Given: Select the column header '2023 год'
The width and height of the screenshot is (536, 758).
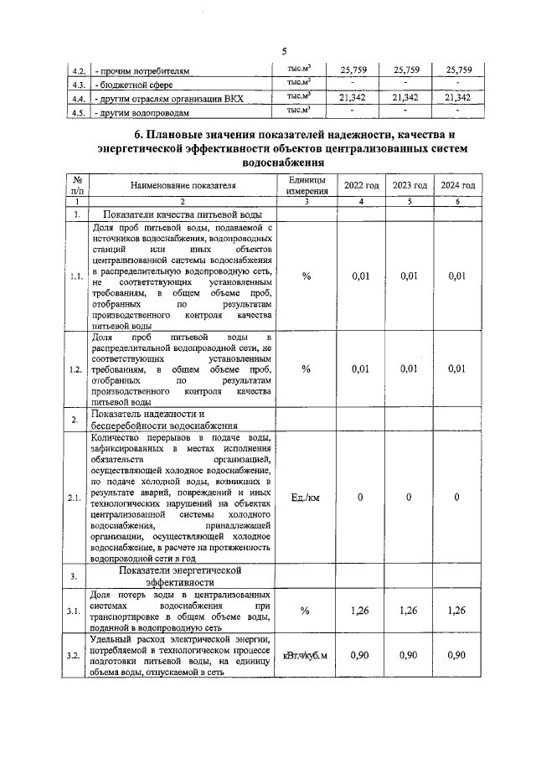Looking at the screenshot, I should tap(410, 185).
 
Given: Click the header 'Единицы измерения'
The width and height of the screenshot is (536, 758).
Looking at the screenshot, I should tap(306, 185).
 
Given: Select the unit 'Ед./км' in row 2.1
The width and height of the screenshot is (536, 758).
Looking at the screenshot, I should tap(306, 498).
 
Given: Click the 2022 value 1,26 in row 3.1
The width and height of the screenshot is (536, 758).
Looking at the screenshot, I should tap(360, 611).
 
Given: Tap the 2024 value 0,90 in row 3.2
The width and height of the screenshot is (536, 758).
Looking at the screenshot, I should tap(457, 655).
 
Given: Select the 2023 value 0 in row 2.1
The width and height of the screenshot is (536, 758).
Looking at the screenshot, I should tap(410, 498).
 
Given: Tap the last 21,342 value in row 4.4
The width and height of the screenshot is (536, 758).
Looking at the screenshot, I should tap(457, 98).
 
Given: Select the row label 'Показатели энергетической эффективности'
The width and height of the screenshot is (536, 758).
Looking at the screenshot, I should tap(180, 576).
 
